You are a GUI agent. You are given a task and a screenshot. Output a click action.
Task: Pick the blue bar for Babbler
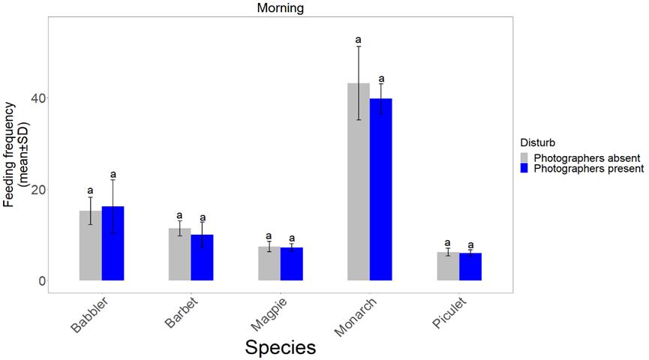(x=113, y=243)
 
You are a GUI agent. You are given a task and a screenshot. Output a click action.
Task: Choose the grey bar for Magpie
(x=269, y=263)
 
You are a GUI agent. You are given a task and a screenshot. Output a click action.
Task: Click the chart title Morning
(x=280, y=8)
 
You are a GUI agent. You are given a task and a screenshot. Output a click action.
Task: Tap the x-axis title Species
(x=281, y=347)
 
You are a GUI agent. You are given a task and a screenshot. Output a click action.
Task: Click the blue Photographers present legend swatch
(x=525, y=169)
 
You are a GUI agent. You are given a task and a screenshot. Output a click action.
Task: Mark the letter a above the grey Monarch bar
(x=359, y=40)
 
